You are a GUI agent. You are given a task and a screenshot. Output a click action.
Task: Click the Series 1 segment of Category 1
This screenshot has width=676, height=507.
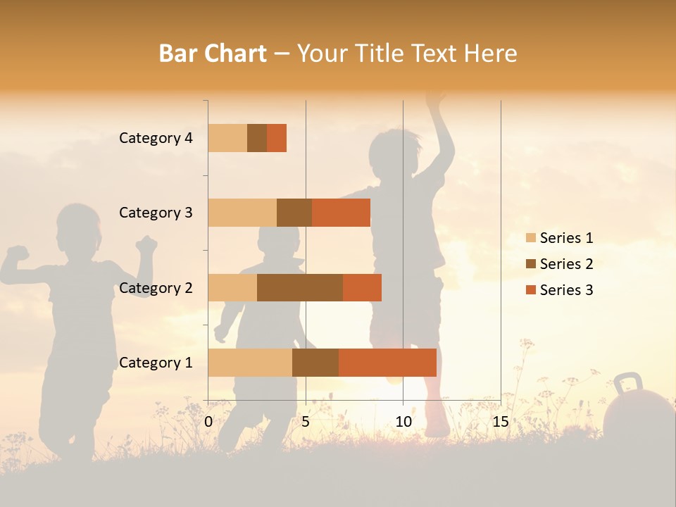(250, 363)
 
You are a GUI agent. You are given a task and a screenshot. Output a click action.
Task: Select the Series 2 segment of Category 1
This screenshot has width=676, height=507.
(315, 363)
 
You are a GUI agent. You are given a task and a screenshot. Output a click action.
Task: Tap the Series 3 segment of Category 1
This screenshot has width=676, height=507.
(387, 363)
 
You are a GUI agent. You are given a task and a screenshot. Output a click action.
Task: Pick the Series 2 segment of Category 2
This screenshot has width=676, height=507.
(300, 287)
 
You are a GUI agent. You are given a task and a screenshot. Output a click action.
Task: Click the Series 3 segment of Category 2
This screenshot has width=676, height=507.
(362, 287)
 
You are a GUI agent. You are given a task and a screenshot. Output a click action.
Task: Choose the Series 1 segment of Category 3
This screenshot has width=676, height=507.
(242, 213)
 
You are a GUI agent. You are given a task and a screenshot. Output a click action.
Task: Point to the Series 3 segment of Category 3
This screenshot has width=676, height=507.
(341, 213)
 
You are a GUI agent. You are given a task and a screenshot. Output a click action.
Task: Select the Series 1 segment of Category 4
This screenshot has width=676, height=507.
(227, 138)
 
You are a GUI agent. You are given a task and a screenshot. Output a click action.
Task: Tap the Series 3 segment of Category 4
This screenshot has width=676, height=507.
(277, 138)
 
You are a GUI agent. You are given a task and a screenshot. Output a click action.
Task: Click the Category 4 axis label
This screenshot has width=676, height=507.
(156, 138)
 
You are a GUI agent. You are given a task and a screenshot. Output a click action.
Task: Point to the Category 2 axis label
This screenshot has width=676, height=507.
(156, 288)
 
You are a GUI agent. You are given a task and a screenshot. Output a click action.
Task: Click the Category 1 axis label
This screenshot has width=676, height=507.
(156, 363)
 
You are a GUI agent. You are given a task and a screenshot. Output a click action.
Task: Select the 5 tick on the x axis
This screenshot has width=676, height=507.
(306, 422)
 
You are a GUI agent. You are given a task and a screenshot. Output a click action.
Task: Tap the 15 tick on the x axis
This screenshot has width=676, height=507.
(500, 422)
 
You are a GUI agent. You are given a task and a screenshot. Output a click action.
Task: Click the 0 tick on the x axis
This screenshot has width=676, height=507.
(208, 422)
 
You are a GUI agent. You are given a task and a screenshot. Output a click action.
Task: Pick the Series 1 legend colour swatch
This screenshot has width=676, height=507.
(531, 238)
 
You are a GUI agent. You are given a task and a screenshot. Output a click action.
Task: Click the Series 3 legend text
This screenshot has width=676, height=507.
(566, 290)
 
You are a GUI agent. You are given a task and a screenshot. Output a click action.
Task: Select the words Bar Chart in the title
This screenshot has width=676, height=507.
(213, 54)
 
